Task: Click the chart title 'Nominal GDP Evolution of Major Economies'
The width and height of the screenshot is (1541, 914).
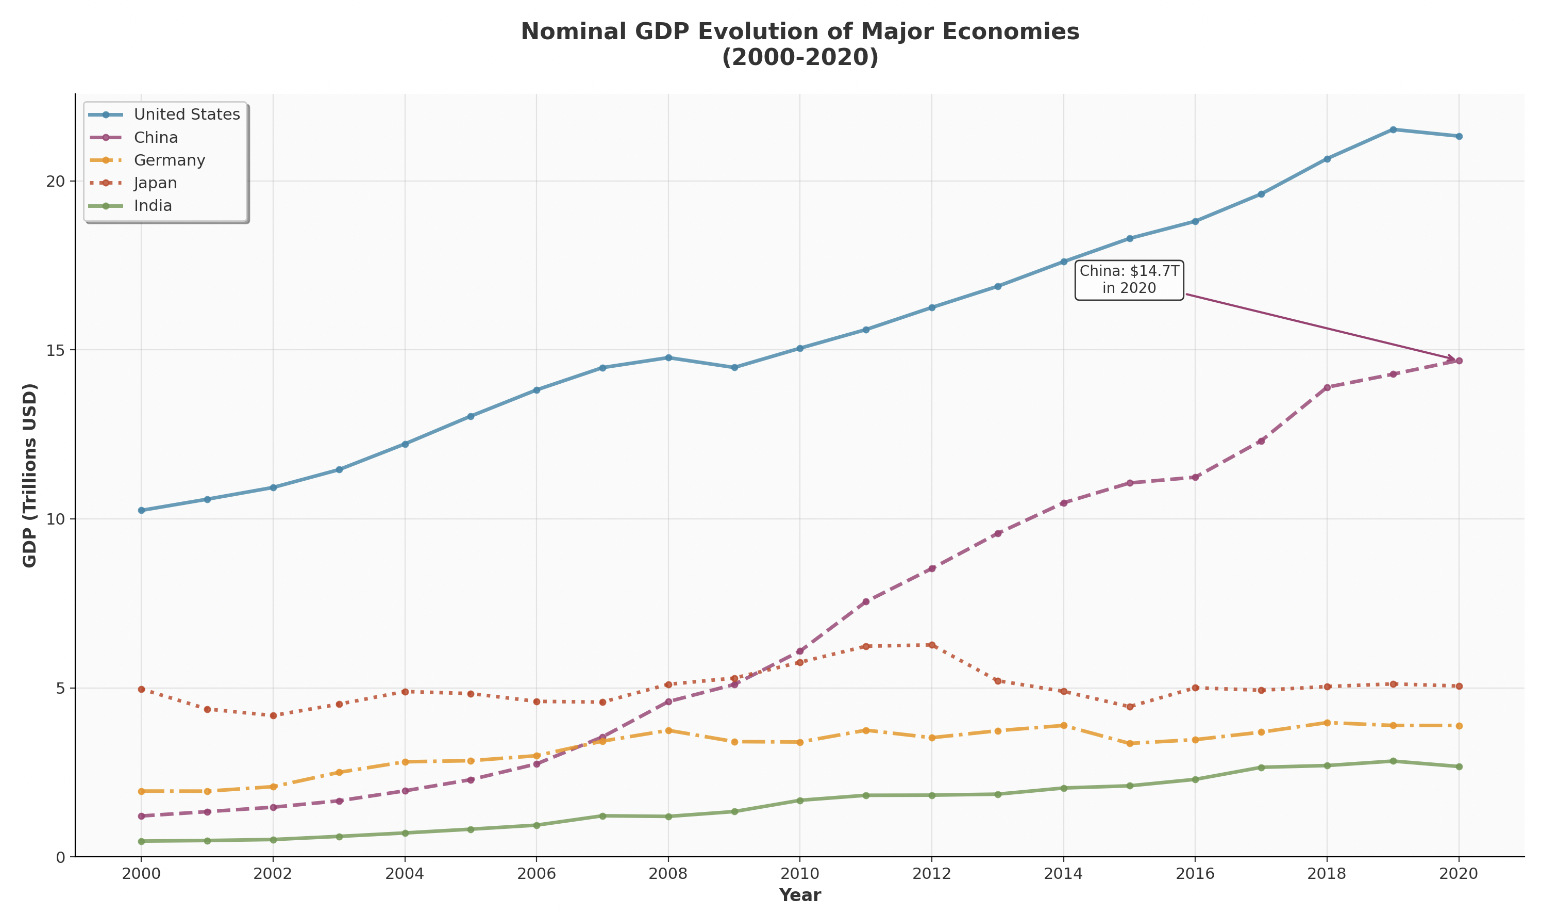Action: point(799,32)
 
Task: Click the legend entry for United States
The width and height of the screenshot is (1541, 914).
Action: point(187,115)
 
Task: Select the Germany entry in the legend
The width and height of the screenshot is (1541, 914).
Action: point(169,160)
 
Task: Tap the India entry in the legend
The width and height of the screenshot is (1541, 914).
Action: point(153,206)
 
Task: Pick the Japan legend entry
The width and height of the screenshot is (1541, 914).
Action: point(155,183)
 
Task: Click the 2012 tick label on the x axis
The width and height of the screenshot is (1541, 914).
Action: point(931,874)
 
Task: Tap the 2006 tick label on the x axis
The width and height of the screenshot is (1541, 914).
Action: point(536,874)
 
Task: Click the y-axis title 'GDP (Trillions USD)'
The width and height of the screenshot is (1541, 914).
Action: point(29,475)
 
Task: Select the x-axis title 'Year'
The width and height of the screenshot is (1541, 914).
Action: point(799,895)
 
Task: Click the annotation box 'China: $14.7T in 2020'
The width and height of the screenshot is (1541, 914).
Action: point(1129,280)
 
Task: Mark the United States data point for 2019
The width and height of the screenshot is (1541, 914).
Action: point(1393,129)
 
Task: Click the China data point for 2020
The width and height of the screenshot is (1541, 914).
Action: point(1459,361)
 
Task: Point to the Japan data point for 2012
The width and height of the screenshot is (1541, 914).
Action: point(932,645)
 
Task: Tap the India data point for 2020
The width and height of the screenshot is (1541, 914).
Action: point(1459,766)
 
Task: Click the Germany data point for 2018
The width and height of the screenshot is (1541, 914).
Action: point(1327,723)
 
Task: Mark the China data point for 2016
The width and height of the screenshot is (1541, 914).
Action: point(1195,477)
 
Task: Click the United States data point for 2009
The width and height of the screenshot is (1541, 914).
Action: point(734,367)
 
